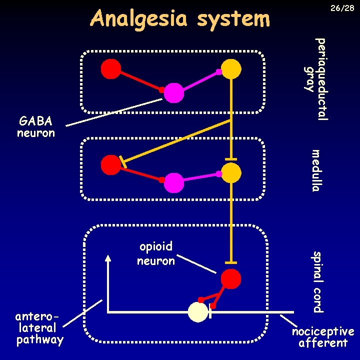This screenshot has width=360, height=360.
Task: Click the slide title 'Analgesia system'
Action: tap(180, 19)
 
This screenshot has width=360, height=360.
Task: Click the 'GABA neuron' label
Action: tap(35, 127)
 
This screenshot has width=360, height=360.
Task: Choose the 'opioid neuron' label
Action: tap(156, 253)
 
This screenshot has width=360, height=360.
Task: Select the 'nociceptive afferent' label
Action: tap(322, 337)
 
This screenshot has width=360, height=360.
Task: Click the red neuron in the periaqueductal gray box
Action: tap(111, 69)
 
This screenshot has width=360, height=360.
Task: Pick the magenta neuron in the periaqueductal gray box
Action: tap(174, 93)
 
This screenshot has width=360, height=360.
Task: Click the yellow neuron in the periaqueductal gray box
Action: tap(231, 69)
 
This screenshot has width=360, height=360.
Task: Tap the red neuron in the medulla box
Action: tap(111, 165)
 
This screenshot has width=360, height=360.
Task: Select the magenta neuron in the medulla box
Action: tap(174, 183)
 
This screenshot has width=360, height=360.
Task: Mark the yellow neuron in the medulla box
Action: tap(231, 173)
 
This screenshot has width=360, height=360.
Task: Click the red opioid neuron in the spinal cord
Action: tap(231, 279)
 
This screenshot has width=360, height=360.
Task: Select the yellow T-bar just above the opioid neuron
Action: tap(231, 262)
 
